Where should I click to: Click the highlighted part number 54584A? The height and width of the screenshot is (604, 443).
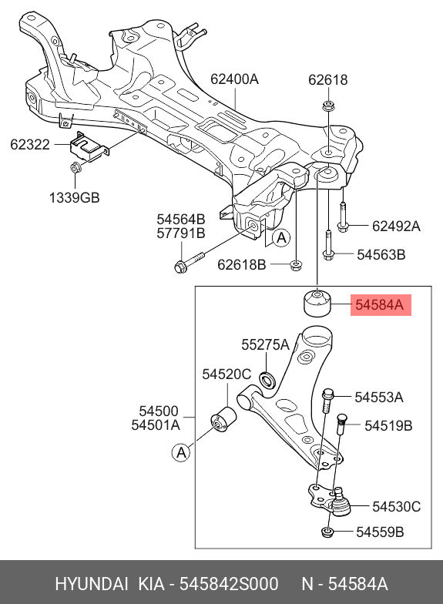point(378,305)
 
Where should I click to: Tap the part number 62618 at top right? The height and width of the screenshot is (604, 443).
point(327,79)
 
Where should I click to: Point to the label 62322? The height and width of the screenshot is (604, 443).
point(31,143)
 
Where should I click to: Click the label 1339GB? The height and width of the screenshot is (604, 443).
point(74,198)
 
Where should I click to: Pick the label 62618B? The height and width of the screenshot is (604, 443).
point(241,265)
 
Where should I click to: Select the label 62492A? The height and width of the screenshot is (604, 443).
point(396,226)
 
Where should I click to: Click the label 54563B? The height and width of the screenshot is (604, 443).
point(381,253)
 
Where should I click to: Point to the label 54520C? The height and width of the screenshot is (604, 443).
point(227,374)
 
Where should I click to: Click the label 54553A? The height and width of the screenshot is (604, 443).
point(378,397)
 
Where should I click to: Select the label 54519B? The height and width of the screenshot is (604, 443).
point(388,425)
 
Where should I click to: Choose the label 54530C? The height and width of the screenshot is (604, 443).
point(396,506)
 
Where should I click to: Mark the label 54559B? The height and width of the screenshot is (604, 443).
point(379,532)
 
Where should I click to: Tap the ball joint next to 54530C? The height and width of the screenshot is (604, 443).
point(337,505)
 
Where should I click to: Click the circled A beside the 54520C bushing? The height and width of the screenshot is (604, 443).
point(181,453)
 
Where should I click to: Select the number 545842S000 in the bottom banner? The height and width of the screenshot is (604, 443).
point(229,583)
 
